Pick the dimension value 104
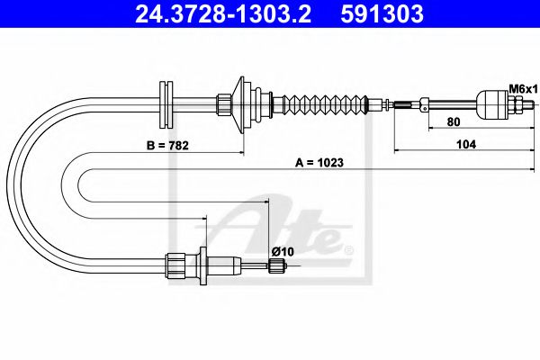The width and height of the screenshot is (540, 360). [465, 143]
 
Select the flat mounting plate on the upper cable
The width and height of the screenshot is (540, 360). [165, 105]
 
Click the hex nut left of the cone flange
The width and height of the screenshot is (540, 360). [221, 105]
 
